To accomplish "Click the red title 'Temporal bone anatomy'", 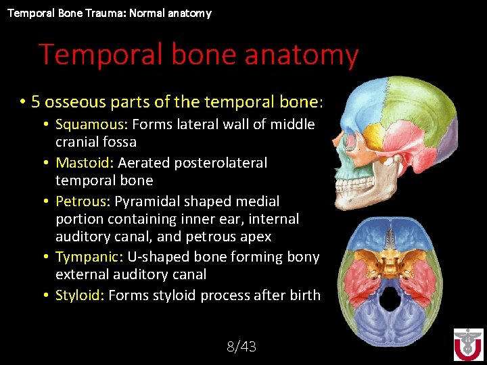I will coord(198,55).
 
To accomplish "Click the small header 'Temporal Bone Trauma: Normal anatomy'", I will coord(110,13).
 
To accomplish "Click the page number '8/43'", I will coord(241,347).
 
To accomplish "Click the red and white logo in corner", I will coord(468,344).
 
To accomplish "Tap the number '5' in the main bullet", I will coord(36,102).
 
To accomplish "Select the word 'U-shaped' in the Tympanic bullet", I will coord(160,257).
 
